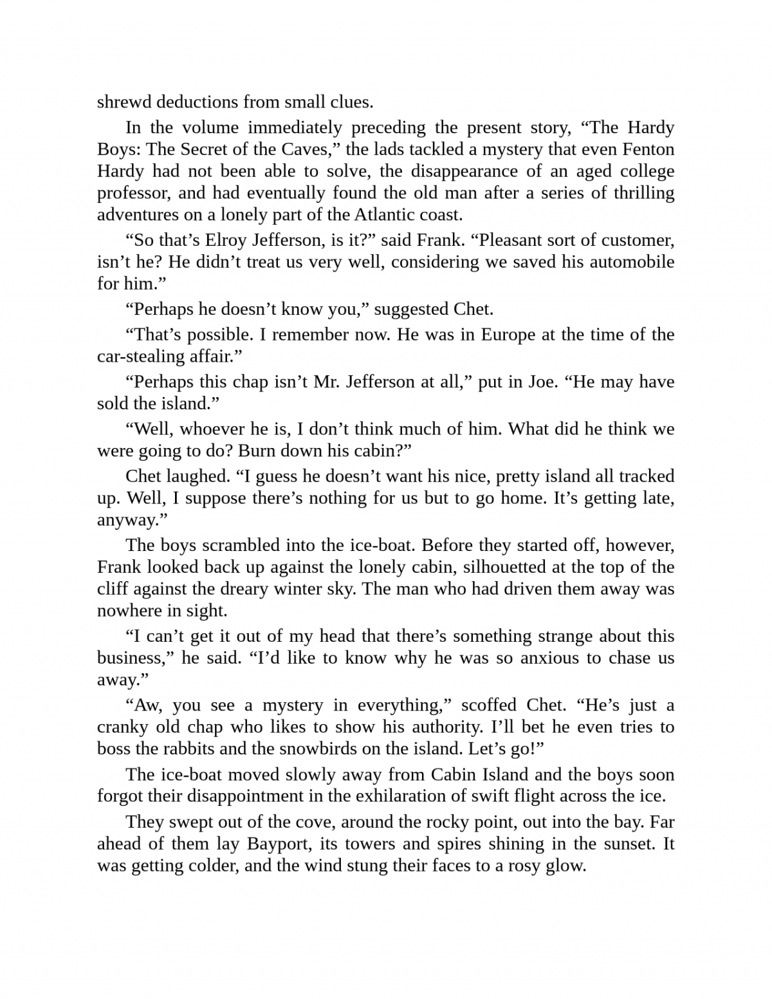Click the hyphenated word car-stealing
pyautogui.click(x=142, y=357)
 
